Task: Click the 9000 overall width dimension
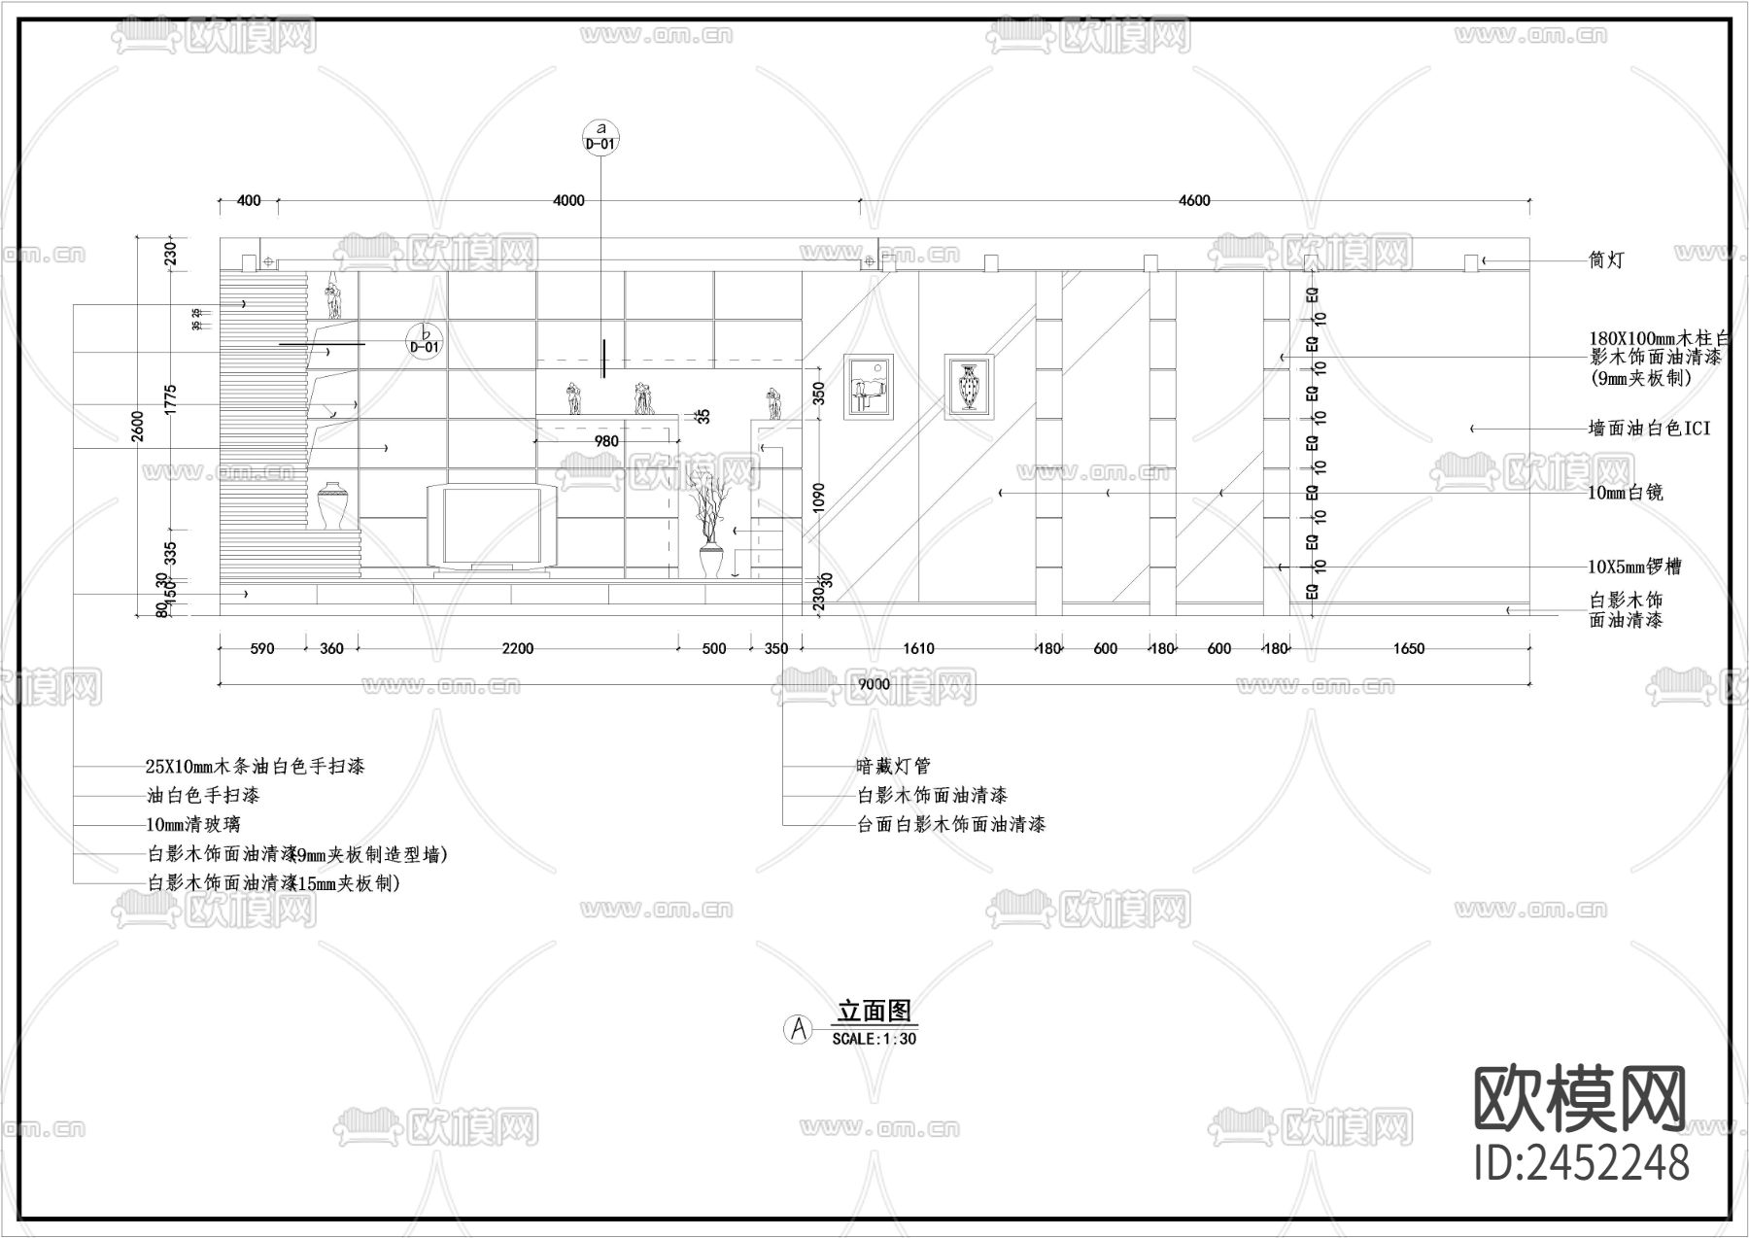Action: coord(874,684)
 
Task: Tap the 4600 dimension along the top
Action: coord(1194,201)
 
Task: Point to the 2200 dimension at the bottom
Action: coord(518,649)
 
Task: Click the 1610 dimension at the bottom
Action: coord(918,649)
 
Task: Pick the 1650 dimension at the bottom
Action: coord(1408,649)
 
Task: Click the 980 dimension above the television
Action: coord(606,441)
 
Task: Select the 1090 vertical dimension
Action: coord(818,498)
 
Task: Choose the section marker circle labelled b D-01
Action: coord(425,340)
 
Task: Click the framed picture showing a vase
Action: coord(970,387)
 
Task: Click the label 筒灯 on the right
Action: coord(1605,260)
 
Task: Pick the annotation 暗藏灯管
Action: coord(893,767)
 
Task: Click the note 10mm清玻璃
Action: coord(193,825)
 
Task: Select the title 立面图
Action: coord(875,1012)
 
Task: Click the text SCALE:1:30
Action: coord(874,1039)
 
